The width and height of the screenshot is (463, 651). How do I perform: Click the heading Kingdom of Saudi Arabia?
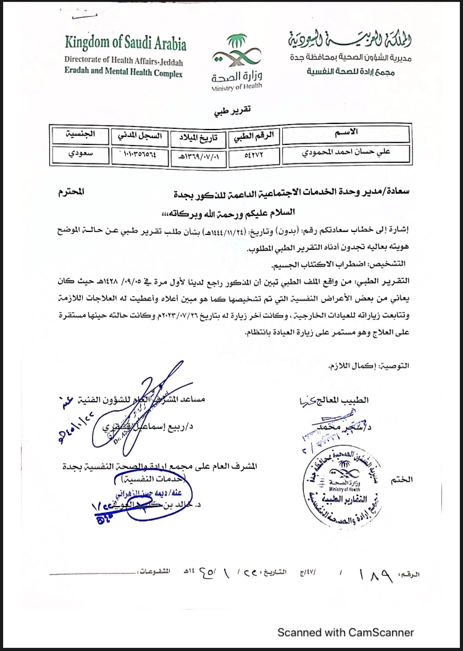125,44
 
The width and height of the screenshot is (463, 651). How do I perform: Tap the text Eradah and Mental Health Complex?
123,73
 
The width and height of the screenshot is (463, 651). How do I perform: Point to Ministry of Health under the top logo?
236,87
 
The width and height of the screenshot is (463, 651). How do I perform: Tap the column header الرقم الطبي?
254,135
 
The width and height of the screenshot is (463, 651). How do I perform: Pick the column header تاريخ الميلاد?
196,135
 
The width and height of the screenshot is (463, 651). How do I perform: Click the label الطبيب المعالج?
343,399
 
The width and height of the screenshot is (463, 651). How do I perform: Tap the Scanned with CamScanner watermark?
345,632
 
